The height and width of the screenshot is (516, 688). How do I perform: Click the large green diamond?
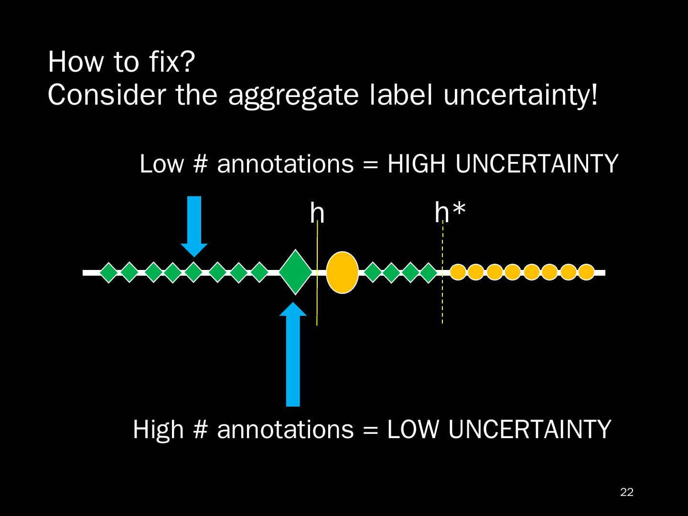point(295,272)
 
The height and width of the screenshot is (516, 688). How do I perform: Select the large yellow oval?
point(342,272)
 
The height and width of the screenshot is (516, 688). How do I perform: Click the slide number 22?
point(626,493)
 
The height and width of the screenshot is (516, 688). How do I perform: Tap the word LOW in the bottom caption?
point(412,429)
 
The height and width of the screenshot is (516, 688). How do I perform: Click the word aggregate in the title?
point(293,95)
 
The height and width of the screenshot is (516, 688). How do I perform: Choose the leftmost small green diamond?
point(109,273)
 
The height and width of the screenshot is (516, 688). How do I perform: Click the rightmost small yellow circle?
point(586,272)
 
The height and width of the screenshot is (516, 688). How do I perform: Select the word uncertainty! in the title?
point(520,95)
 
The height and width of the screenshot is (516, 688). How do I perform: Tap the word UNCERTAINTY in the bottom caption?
point(529,429)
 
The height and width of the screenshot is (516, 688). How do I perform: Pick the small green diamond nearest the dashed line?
point(429,273)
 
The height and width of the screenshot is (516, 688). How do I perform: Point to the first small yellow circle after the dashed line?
point(458,272)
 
